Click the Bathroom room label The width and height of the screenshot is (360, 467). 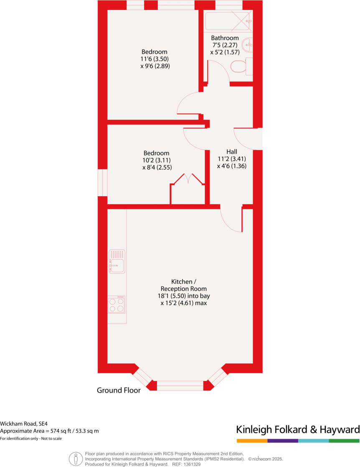(225, 38)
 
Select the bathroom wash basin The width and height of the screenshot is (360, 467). (248, 44)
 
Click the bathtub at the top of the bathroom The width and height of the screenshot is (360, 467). (228, 20)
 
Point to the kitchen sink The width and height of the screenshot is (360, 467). (117, 261)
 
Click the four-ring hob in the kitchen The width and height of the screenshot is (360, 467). (117, 305)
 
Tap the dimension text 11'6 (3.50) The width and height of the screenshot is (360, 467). (155, 59)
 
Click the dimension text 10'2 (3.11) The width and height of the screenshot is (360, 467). (157, 160)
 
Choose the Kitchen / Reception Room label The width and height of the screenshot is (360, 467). (183, 285)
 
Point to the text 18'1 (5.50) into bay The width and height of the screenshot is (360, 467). (184, 296)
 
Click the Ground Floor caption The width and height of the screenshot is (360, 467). (119, 391)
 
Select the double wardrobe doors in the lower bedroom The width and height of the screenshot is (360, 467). (188, 179)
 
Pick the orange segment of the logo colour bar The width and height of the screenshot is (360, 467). (252, 441)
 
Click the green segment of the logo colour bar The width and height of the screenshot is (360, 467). (344, 441)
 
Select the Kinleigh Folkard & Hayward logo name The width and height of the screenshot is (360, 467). (298, 429)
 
